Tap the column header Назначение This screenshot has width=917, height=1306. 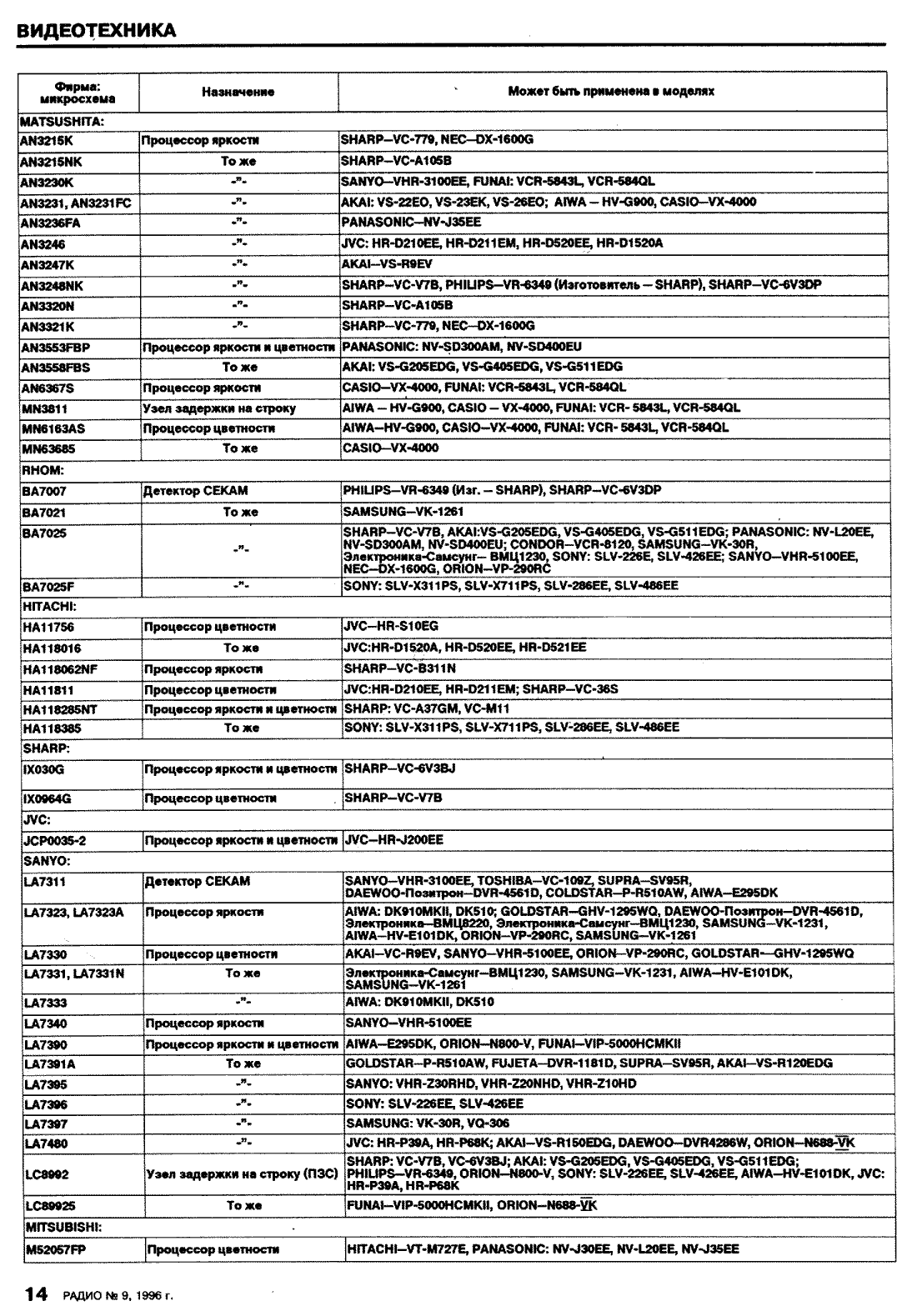[238, 92]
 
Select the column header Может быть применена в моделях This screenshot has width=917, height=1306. [611, 91]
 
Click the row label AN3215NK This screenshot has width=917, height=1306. [52, 162]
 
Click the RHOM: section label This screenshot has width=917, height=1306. [43, 470]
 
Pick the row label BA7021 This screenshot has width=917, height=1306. [44, 512]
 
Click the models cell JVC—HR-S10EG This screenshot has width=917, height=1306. [391, 625]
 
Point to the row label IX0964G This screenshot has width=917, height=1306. [48, 798]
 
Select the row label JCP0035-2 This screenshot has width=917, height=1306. [54, 841]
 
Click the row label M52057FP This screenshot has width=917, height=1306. [55, 1249]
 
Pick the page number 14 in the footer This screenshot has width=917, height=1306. [36, 1293]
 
